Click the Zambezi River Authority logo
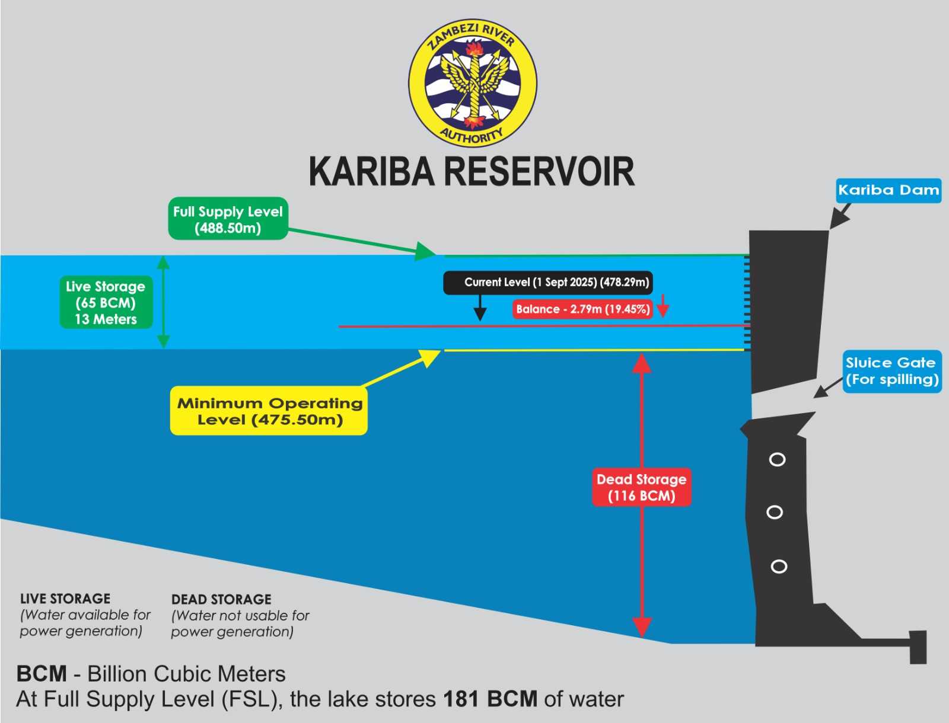473,83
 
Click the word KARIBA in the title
371,171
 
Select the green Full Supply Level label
228,219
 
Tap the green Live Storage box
106,302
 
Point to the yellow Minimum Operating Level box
269,411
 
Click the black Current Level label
548,283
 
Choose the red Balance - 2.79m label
583,309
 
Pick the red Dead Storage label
642,487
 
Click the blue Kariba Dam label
889,190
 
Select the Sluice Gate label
892,372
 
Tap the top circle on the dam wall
777,459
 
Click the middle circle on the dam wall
775,512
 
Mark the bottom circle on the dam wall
779,566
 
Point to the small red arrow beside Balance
663,306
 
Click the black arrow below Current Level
480,308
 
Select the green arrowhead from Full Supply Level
425,252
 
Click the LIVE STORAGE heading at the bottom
65,599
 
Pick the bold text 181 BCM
491,699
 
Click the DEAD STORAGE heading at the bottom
221,600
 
